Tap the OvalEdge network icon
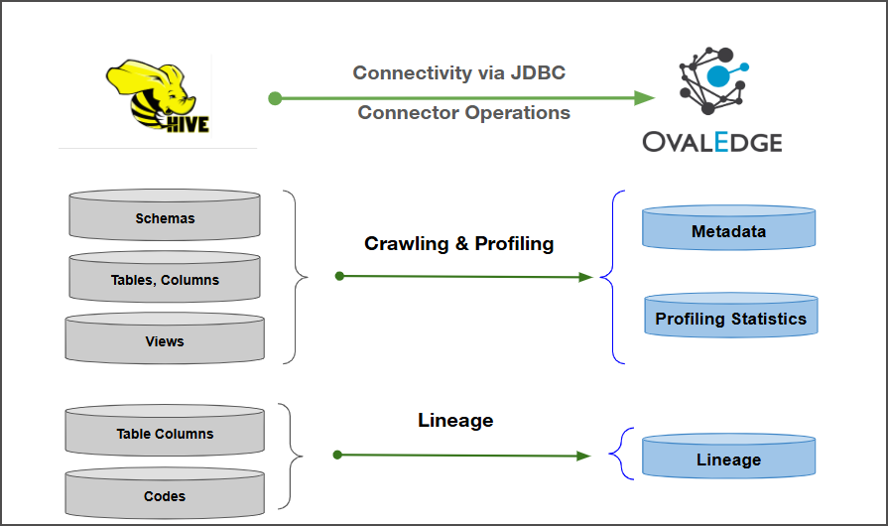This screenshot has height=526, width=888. [713, 79]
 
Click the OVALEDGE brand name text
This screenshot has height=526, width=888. [711, 141]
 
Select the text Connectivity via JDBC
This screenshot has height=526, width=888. [459, 72]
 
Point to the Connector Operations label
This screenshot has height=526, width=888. [463, 112]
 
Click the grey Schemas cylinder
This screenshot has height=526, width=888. [165, 217]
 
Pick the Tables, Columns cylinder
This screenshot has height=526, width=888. [165, 279]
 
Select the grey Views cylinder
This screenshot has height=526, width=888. [165, 340]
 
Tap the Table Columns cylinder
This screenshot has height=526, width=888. [165, 433]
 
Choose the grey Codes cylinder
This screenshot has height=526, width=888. [165, 495]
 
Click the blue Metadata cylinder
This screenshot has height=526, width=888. [728, 230]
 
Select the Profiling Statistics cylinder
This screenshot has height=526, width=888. [730, 319]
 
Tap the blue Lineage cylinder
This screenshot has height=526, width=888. [728, 459]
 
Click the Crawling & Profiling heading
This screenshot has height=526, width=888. [458, 243]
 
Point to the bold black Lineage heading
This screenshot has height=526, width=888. [455, 420]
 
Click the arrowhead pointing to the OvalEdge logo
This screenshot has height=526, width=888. [645, 98]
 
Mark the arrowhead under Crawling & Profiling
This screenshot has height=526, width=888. [585, 277]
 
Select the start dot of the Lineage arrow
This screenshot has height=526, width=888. [337, 455]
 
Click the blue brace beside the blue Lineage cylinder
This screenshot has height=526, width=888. [619, 455]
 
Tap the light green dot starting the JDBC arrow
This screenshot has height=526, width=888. [275, 98]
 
